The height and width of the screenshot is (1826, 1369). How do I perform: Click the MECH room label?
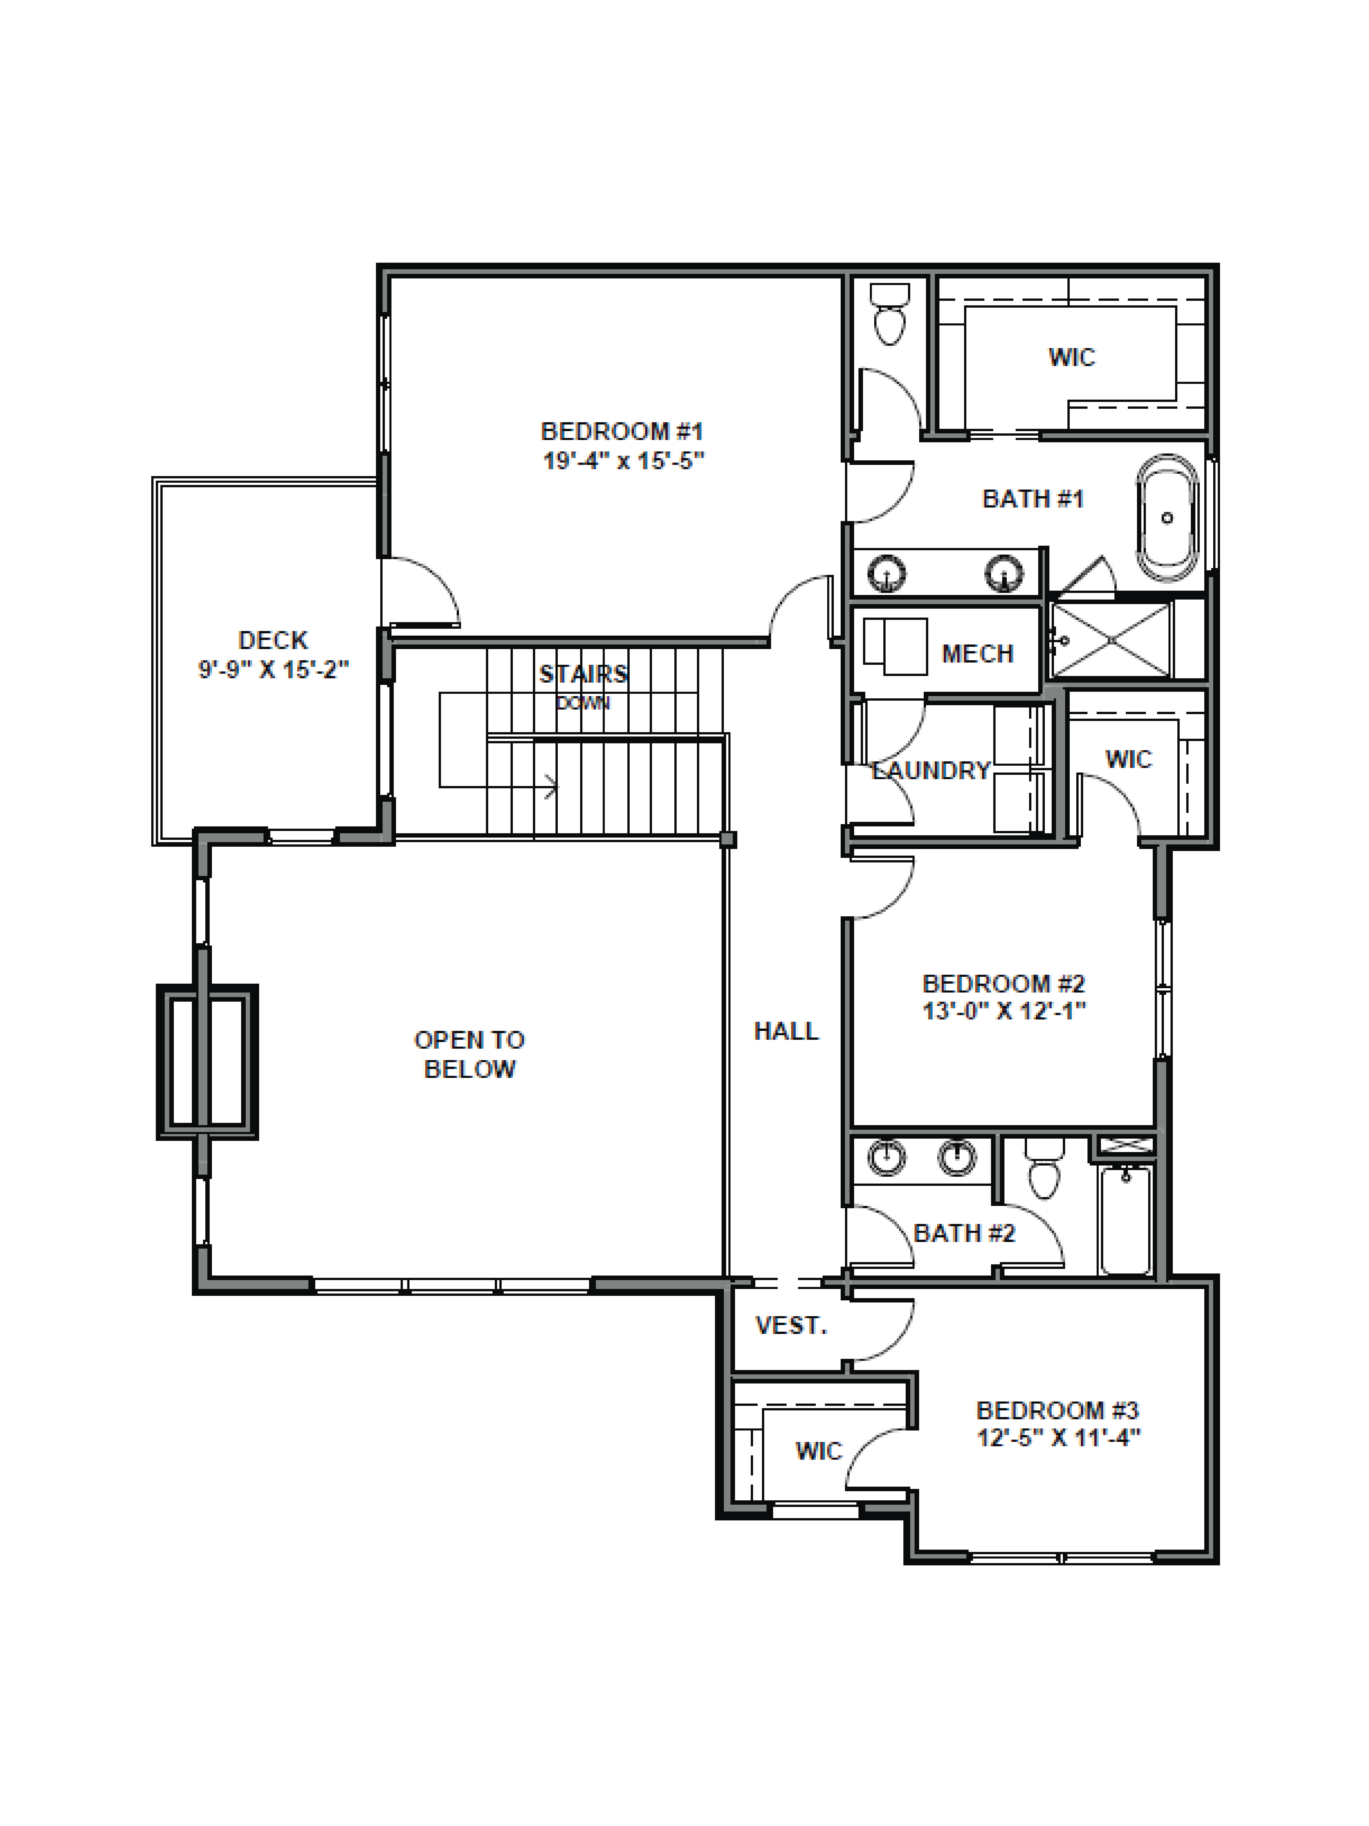click(977, 654)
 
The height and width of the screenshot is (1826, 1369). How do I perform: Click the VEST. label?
click(790, 1326)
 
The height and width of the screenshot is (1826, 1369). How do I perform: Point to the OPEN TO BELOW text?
click(469, 1054)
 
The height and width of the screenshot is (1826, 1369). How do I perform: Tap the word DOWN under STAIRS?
click(583, 703)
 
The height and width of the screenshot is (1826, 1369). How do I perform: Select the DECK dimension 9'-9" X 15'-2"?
click(273, 669)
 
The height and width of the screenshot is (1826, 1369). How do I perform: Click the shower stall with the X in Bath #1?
click(1111, 641)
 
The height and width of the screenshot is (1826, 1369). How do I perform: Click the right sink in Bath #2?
click(956, 1157)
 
